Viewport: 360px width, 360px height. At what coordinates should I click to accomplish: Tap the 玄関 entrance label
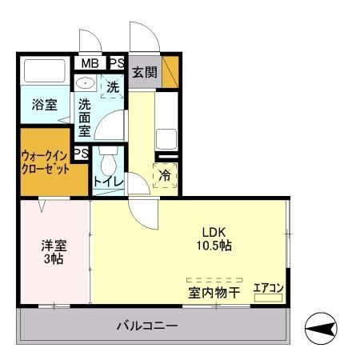pos(144,72)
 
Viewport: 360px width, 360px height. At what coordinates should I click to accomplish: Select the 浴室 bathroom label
pos(43,105)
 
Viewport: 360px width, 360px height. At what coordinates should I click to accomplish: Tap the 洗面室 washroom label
pos(84,116)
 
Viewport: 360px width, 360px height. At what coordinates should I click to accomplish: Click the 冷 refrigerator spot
pos(165,175)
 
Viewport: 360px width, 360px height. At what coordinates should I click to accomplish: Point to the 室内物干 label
pos(214,293)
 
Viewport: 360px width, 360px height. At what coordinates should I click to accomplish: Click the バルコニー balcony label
pos(146,326)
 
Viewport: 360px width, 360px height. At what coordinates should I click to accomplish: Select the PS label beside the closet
pos(80,153)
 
